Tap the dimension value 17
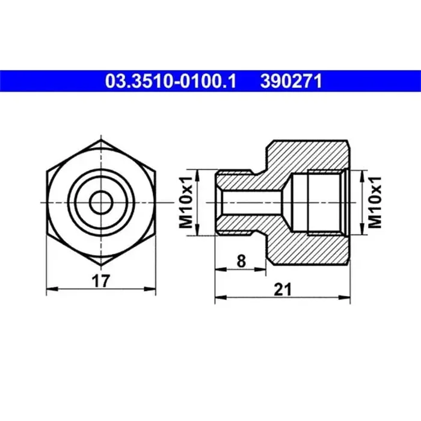click(x=101, y=280)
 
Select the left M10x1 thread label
click(x=186, y=203)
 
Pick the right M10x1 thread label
click(x=376, y=203)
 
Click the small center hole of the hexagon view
click(x=100, y=203)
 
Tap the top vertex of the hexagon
click(x=100, y=140)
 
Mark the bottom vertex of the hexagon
click(x=100, y=266)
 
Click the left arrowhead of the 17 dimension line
click(x=49, y=289)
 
